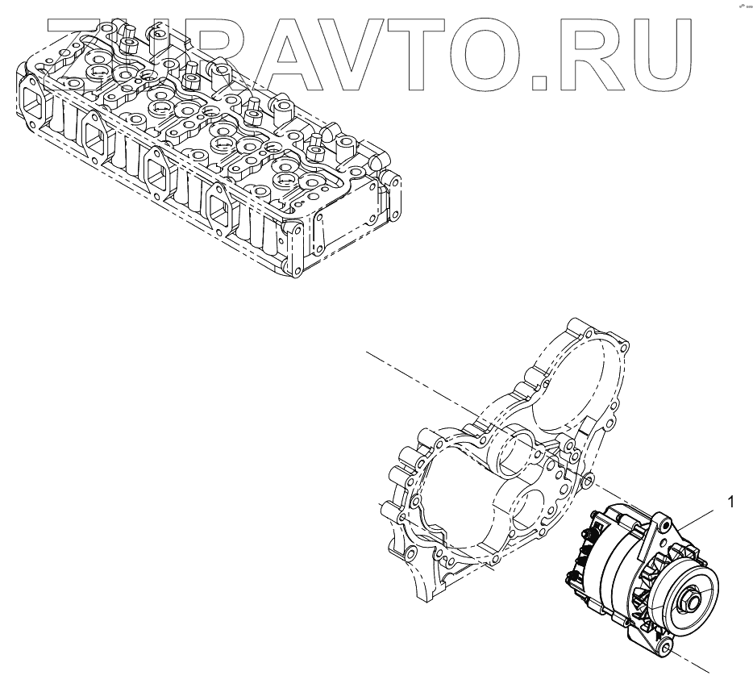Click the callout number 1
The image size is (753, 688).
(730, 502)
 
